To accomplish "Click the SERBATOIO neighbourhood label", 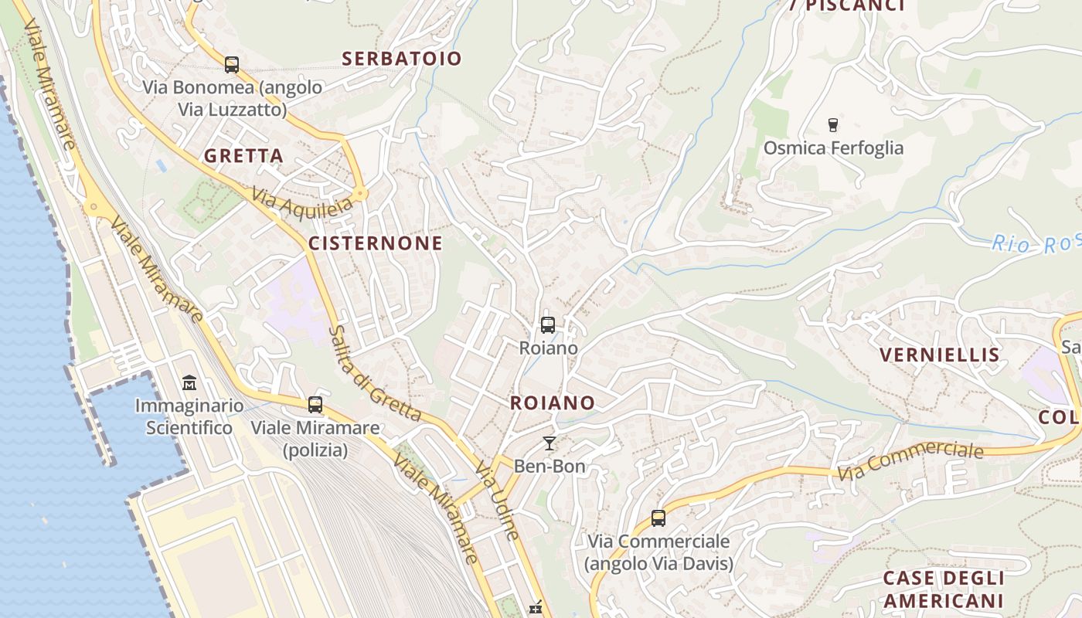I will [401, 59].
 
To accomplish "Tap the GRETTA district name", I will [243, 156].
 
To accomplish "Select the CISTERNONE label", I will [376, 243].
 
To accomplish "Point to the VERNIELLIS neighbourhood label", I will [940, 355].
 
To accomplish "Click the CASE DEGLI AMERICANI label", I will [944, 589].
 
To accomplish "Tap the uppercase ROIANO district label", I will [553, 402].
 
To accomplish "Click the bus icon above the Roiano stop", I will [548, 325].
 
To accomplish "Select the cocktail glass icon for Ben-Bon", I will [550, 443].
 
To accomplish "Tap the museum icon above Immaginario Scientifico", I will [189, 382].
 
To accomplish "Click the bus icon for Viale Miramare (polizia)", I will [315, 404].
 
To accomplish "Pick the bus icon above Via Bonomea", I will [232, 64].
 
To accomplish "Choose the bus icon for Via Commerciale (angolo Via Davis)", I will [658, 518].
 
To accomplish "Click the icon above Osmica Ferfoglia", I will [832, 124].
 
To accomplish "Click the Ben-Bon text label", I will [550, 467].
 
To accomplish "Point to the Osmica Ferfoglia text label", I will [833, 148].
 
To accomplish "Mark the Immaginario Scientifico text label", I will [189, 416].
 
